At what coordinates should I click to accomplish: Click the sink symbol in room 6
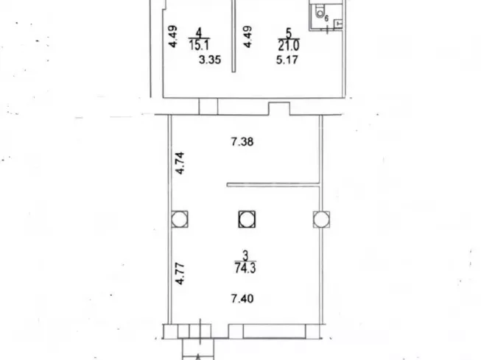(338, 24)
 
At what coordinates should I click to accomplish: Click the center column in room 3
(247, 219)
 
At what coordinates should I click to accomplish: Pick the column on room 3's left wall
(179, 219)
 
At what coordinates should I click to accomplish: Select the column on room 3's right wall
(320, 219)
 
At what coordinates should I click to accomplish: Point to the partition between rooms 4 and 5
(233, 37)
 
